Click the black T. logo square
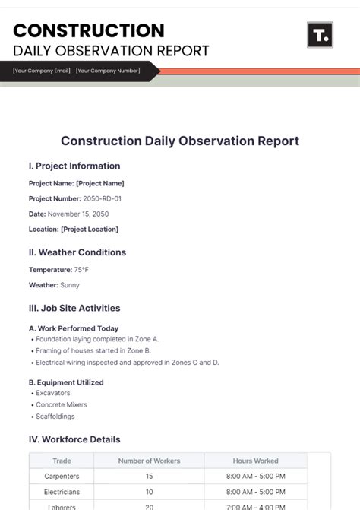click(x=320, y=35)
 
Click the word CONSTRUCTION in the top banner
click(x=89, y=30)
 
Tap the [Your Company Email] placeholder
click(x=42, y=71)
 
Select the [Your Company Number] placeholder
click(x=108, y=71)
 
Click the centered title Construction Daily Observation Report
click(x=180, y=141)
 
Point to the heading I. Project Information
click(x=74, y=166)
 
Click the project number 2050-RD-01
click(x=102, y=198)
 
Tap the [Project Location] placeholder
click(x=90, y=229)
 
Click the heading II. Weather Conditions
click(x=77, y=252)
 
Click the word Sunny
click(x=70, y=285)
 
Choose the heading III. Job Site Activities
click(x=74, y=308)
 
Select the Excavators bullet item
click(x=53, y=393)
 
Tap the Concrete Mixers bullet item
click(x=62, y=404)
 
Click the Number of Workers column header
click(x=149, y=461)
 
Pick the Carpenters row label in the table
click(x=62, y=476)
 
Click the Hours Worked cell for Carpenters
click(x=255, y=476)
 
